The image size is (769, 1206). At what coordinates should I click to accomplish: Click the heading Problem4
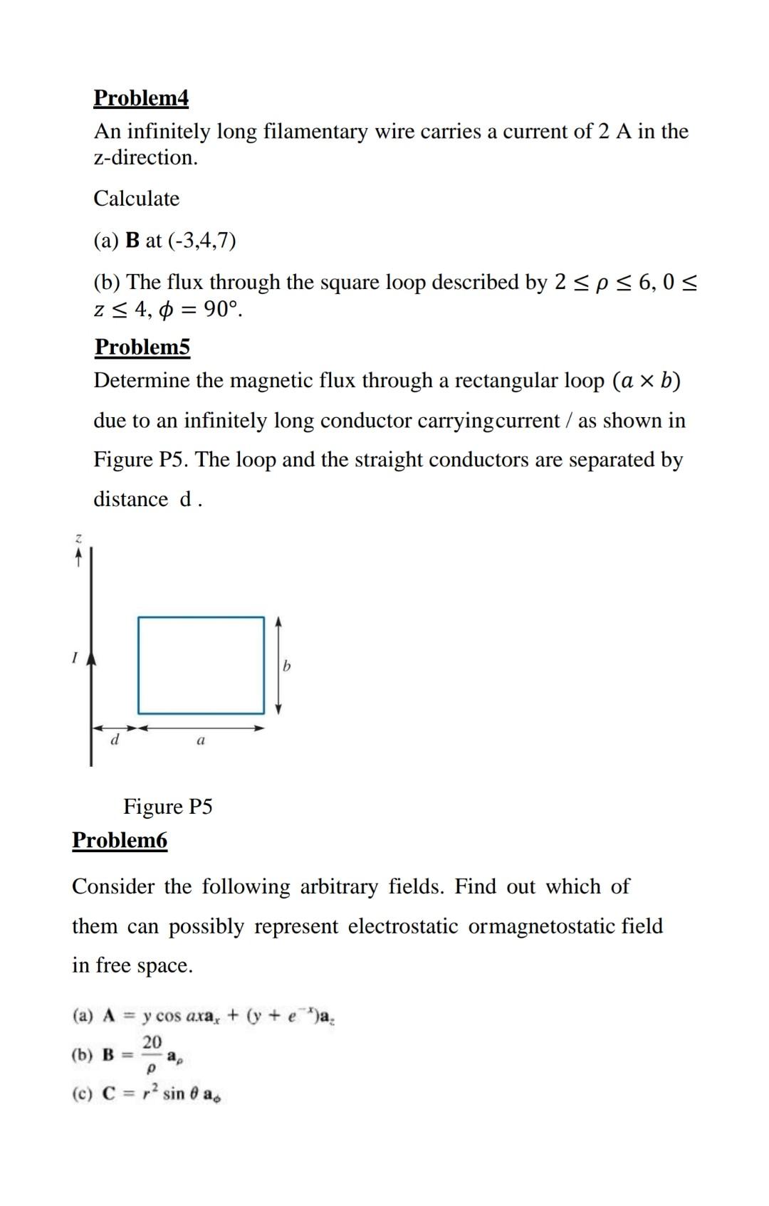(141, 98)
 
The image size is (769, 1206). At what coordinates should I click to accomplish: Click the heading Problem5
(142, 347)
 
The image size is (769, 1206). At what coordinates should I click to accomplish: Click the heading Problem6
(120, 840)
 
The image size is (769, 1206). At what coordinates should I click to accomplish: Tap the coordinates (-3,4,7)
(202, 241)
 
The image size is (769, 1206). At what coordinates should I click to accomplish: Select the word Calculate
(137, 199)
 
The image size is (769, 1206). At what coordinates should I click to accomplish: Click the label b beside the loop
(286, 666)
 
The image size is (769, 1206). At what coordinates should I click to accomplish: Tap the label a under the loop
(201, 741)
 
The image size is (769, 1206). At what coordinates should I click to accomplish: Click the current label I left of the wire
(73, 658)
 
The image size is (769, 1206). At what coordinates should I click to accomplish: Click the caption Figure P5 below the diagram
(168, 807)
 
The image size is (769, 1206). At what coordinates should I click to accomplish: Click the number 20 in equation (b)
(152, 1042)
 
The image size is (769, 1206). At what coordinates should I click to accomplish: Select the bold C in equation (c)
(108, 1094)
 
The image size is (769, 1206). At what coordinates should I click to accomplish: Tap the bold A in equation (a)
(109, 1016)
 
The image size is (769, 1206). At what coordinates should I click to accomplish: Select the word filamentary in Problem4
(315, 132)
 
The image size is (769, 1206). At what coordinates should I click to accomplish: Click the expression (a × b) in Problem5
(646, 381)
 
